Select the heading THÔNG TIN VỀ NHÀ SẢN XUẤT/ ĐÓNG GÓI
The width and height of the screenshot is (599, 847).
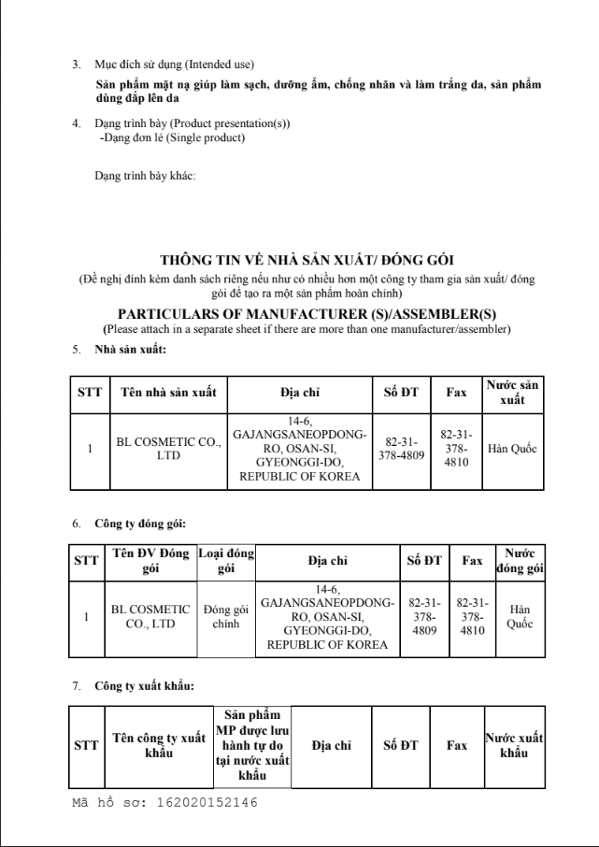[x=307, y=259]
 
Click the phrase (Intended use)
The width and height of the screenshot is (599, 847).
[x=220, y=65]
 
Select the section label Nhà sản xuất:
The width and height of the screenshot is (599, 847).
[x=130, y=350]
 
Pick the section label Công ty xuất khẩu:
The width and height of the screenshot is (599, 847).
[x=143, y=687]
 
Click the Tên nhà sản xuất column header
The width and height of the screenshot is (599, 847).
[x=163, y=392]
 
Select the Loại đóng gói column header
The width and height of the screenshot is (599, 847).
[x=226, y=561]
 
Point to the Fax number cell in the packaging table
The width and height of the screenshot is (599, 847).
[x=473, y=617]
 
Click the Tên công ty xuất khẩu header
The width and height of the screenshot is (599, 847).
[x=159, y=746]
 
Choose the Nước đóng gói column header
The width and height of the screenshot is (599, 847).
[x=520, y=561]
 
